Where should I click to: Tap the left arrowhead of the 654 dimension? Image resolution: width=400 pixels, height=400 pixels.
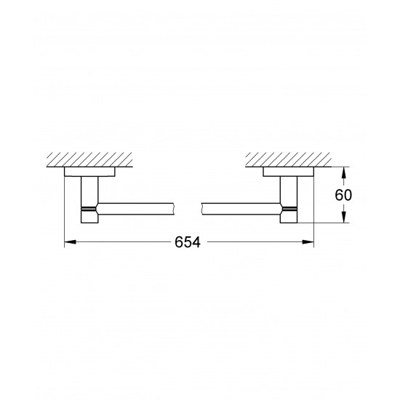(69, 244)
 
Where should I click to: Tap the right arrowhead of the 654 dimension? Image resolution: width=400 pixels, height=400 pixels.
(310, 244)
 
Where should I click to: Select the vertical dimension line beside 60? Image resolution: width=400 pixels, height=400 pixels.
(345, 195)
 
